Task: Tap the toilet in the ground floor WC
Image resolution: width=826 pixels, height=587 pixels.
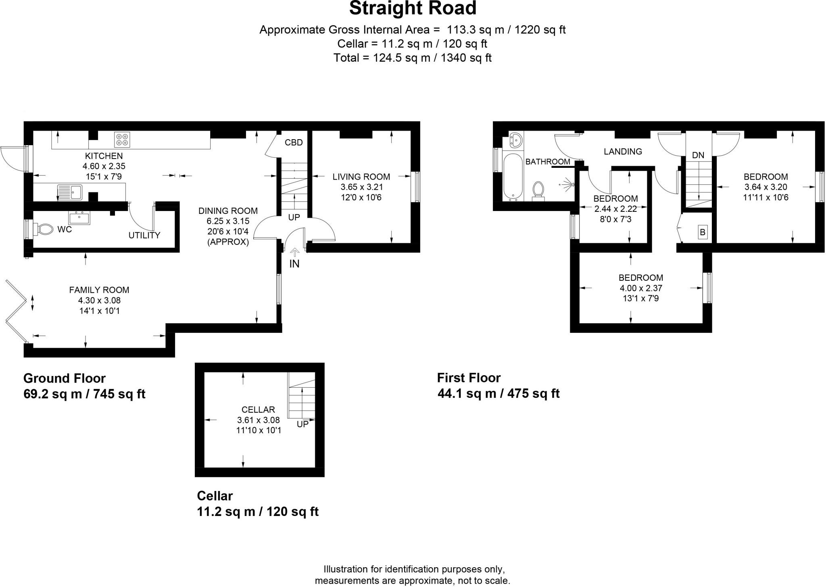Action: click(44, 230)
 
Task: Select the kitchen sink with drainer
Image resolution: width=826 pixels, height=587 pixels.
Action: click(70, 192)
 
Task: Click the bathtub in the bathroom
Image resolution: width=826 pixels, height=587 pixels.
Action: click(513, 177)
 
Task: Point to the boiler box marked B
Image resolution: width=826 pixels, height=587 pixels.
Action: click(703, 232)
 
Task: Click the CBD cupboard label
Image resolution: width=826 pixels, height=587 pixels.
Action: click(293, 142)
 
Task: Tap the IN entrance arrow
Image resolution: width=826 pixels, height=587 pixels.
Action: click(294, 253)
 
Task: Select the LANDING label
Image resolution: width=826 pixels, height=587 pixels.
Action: click(623, 152)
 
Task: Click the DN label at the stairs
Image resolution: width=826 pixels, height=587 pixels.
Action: click(698, 155)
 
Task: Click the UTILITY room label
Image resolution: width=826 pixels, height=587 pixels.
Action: click(144, 235)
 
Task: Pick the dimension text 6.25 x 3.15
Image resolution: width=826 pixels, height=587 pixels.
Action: click(228, 221)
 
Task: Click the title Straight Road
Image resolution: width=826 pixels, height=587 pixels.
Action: click(413, 8)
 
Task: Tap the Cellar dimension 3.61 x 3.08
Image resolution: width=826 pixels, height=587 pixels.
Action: click(258, 420)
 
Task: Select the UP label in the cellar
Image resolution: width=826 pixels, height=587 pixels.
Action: click(302, 424)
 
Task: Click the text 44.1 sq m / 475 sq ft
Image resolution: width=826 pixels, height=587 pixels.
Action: click(499, 393)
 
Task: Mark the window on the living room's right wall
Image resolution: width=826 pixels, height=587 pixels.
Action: click(415, 186)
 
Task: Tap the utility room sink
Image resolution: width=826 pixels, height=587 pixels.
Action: click(79, 218)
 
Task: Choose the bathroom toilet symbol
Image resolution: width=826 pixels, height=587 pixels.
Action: click(538, 190)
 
